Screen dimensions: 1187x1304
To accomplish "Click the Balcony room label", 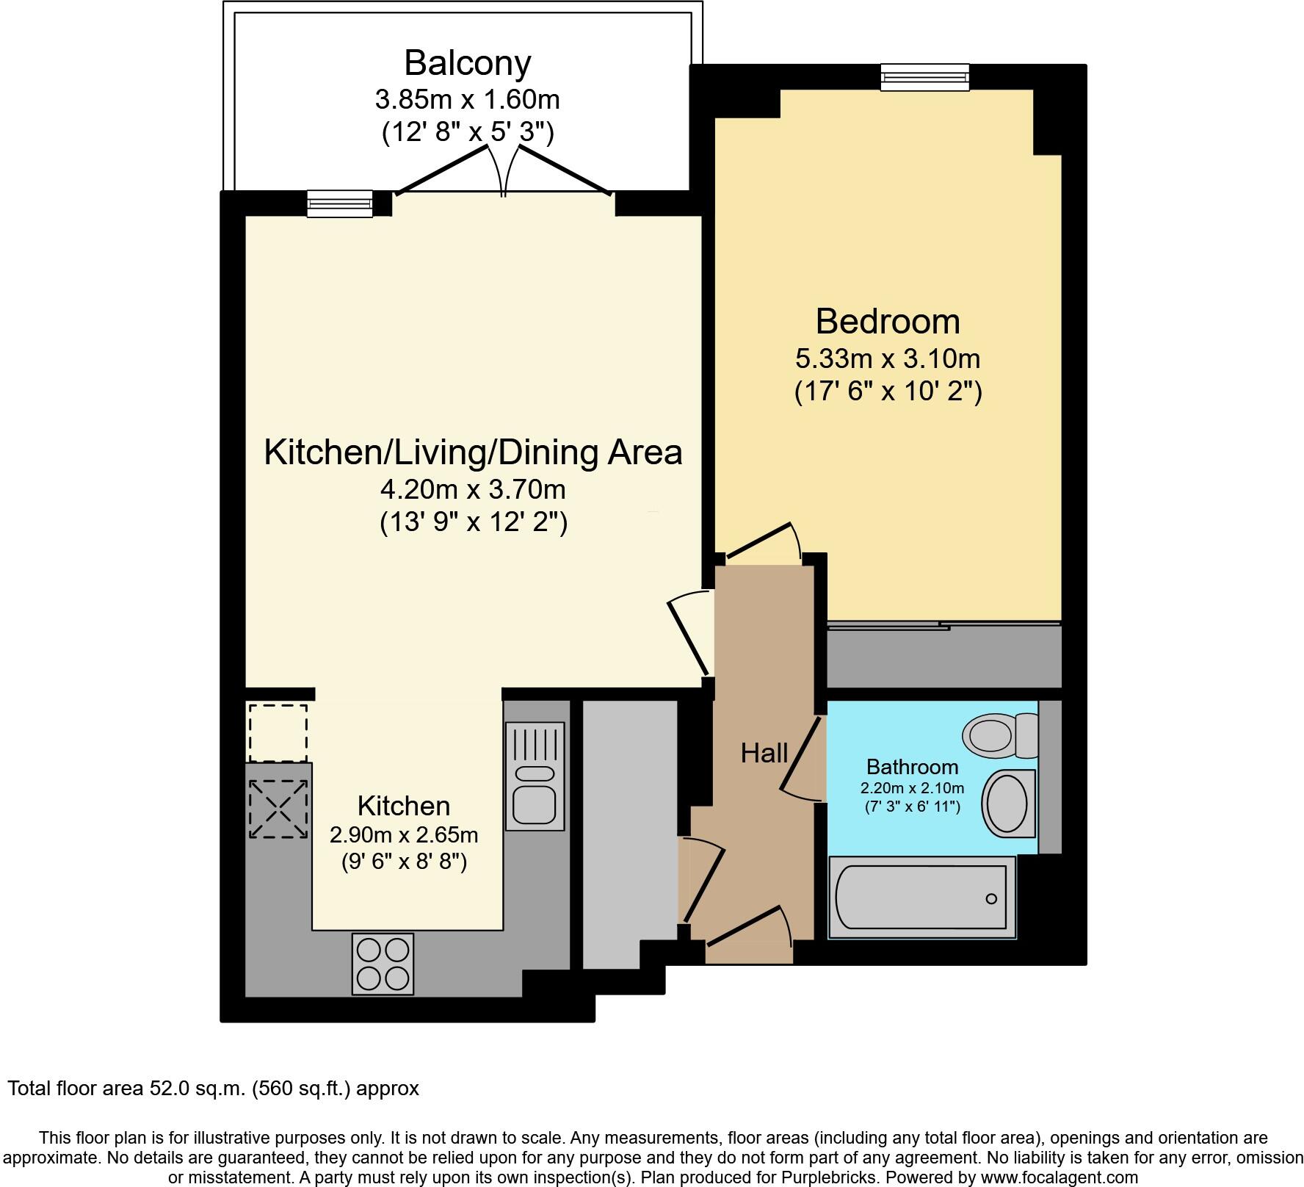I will pyautogui.click(x=467, y=63).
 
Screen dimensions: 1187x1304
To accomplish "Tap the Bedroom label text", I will pyautogui.click(x=888, y=322).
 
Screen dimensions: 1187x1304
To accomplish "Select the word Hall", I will pyautogui.click(x=764, y=753).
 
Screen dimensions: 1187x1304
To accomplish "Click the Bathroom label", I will pyautogui.click(x=912, y=767).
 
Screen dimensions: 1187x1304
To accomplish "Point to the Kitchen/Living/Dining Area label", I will pyautogui.click(x=473, y=452).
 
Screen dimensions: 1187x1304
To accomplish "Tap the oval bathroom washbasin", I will pyautogui.click(x=1007, y=804).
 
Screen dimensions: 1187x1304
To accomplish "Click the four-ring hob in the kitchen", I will pyautogui.click(x=383, y=964).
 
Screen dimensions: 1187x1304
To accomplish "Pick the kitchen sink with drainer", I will pyautogui.click(x=535, y=776).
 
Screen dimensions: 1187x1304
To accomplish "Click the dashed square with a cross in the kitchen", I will pyautogui.click(x=278, y=809).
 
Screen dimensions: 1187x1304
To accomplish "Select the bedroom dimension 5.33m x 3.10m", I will pyautogui.click(x=888, y=359).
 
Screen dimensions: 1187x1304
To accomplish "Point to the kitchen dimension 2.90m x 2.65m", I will pyautogui.click(x=404, y=835).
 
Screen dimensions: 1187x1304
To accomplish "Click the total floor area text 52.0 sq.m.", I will pyautogui.click(x=213, y=1088).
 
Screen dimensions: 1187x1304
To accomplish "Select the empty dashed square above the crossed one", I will pyautogui.click(x=278, y=733).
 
